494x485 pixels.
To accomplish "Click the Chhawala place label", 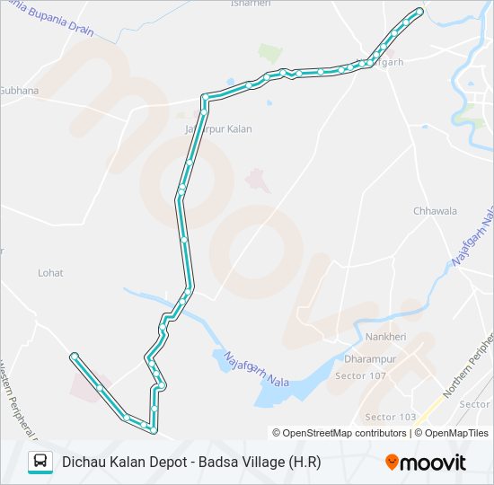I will tap(435, 211).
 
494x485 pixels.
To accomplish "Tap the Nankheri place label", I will tap(386, 337).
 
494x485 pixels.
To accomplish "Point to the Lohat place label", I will tap(50, 271).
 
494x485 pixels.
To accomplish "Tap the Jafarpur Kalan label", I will tap(218, 129).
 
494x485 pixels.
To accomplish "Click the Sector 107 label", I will tap(359, 375).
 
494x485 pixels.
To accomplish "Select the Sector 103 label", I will tap(390, 418).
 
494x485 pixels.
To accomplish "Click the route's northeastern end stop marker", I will tap(419, 11).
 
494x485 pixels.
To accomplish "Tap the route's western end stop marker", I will tap(74, 356).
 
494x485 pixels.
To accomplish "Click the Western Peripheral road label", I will tap(16, 404).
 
